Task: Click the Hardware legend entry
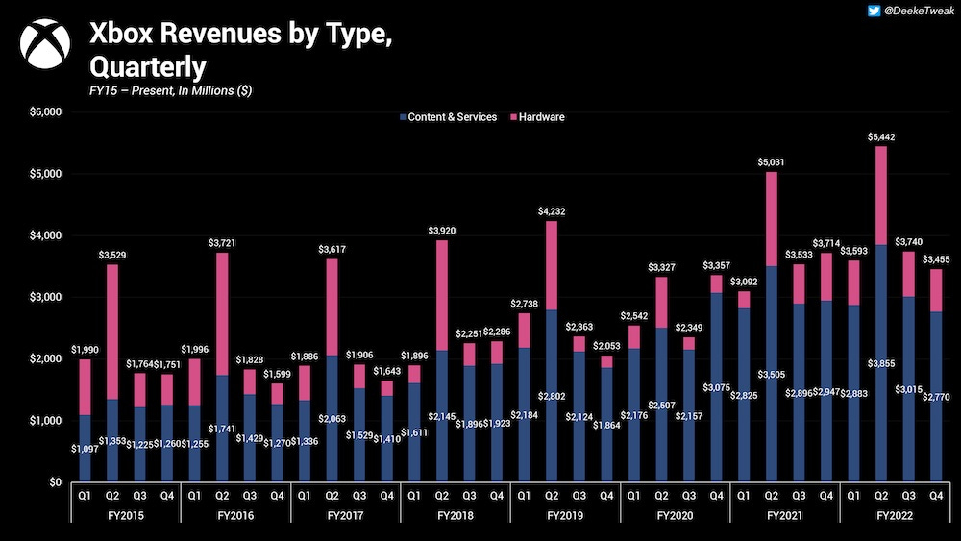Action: (x=538, y=117)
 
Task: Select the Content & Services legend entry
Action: (x=447, y=117)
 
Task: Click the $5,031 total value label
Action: (x=772, y=162)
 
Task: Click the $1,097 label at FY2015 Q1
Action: (x=86, y=450)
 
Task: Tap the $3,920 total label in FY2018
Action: (x=442, y=231)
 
